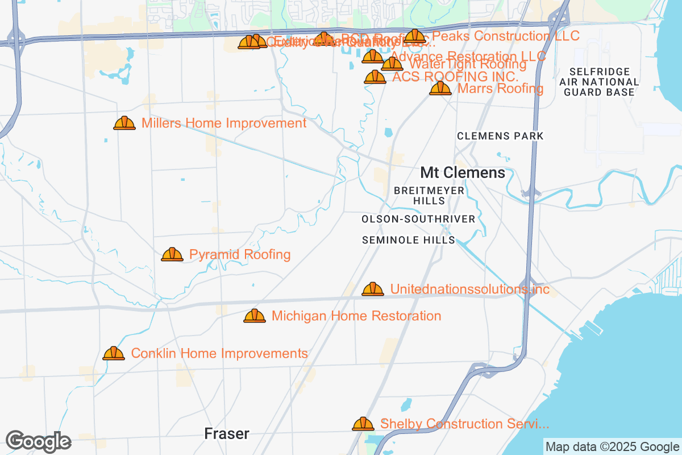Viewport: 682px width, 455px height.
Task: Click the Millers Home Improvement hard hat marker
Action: click(x=124, y=123)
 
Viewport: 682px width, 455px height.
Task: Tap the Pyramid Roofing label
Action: click(x=240, y=254)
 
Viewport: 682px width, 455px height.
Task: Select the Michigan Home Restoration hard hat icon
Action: click(x=255, y=316)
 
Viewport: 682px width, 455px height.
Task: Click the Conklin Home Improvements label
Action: click(x=219, y=353)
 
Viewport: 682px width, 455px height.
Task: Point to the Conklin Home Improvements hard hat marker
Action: click(x=114, y=353)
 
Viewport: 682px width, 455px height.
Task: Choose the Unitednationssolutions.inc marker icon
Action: click(x=373, y=289)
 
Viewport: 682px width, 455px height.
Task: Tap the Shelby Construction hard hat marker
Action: click(x=363, y=424)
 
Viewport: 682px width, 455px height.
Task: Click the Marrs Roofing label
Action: click(x=500, y=88)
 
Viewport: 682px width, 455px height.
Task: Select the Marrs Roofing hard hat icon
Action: click(x=440, y=88)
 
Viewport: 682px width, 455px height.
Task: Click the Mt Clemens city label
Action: click(x=463, y=172)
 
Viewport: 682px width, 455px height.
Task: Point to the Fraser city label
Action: click(x=227, y=434)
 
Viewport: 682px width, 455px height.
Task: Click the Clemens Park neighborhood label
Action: click(x=500, y=136)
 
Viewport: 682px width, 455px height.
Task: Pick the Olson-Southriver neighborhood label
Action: click(x=418, y=219)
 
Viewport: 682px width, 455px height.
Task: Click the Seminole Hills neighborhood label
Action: click(x=409, y=240)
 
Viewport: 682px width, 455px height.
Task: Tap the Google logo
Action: click(x=39, y=441)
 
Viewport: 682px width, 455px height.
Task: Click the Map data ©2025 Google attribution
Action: click(x=612, y=446)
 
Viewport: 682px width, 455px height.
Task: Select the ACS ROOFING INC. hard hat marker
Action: click(x=375, y=77)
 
